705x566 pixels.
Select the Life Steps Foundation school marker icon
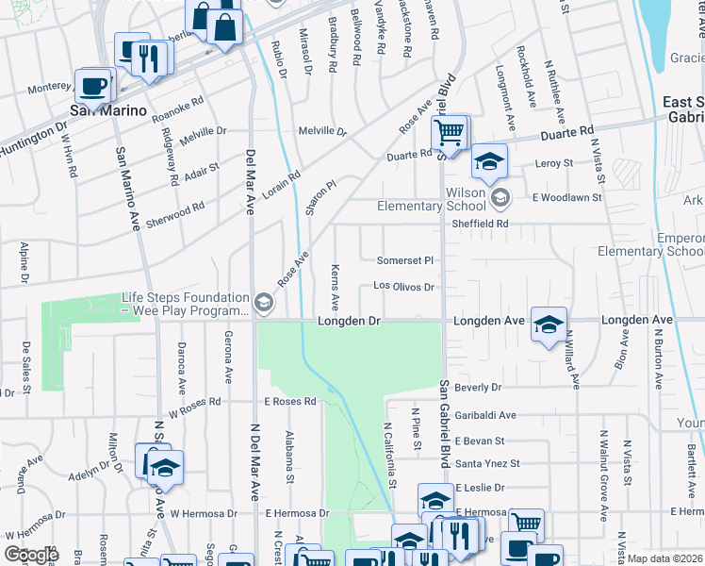pyautogui.click(x=264, y=303)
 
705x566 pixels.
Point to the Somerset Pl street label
pyautogui.click(x=404, y=260)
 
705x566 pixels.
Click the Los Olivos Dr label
pyautogui.click(x=402, y=286)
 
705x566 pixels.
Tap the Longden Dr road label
pyautogui.click(x=349, y=321)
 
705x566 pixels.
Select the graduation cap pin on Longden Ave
pyautogui.click(x=549, y=325)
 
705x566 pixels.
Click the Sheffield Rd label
pyautogui.click(x=480, y=224)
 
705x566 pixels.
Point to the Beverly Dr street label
pyautogui.click(x=478, y=388)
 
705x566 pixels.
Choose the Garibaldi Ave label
pyautogui.click(x=485, y=415)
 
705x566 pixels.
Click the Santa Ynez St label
pyautogui.click(x=487, y=463)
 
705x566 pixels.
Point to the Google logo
pyautogui.click(x=32, y=555)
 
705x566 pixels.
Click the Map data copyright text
pyautogui.click(x=665, y=558)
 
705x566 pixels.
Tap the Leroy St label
pyautogui.click(x=554, y=163)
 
